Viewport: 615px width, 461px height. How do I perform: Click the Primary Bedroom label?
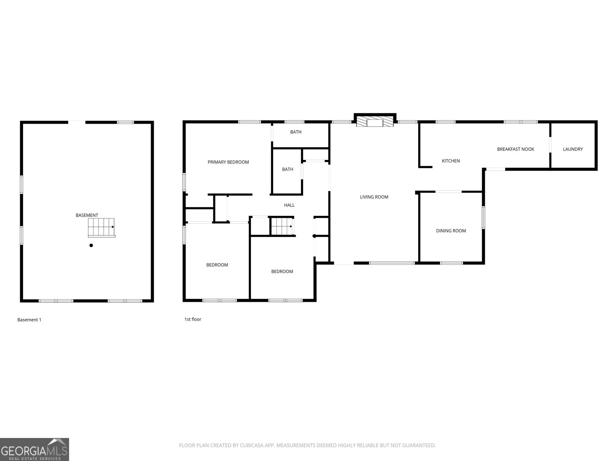coord(228,162)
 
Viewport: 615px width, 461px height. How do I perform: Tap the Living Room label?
coord(374,197)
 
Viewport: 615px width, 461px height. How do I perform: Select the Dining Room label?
coord(451,231)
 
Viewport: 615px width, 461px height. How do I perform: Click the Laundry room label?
coord(573,149)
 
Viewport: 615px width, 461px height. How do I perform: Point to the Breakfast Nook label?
coord(515,149)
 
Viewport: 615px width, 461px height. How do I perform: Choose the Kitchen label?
coord(450,161)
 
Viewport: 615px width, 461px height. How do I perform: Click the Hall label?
coord(289,205)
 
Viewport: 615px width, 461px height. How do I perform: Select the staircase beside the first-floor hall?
coord(282,226)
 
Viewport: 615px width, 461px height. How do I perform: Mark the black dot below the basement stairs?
coord(91,245)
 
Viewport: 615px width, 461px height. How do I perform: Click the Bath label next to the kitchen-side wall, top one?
coord(296,132)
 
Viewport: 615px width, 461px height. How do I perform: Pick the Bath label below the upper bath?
coord(288,169)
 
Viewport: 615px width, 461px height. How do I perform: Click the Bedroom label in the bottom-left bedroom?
coord(217,265)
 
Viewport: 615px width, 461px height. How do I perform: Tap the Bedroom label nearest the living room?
coord(282,272)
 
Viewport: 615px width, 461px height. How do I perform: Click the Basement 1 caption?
coord(29,320)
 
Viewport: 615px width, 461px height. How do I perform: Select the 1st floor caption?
coord(193,319)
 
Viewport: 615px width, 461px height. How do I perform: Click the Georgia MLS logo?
coord(34,449)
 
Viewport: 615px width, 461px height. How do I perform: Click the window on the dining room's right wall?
coord(483,217)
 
